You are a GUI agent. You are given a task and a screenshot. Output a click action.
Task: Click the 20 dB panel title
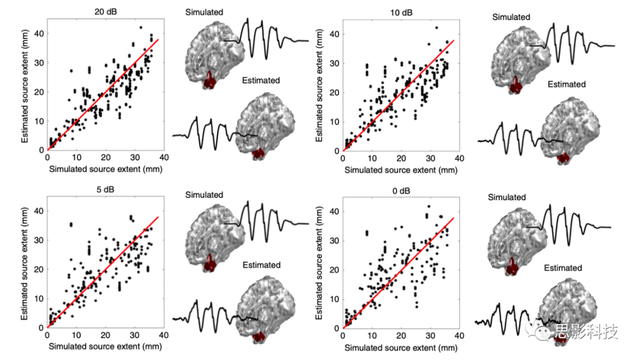(x=105, y=11)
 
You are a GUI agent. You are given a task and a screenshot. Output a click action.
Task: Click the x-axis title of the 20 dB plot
(x=105, y=169)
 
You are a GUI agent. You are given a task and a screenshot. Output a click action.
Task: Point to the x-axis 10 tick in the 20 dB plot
(x=76, y=158)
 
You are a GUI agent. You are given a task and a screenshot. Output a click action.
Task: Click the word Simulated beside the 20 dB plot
(x=204, y=12)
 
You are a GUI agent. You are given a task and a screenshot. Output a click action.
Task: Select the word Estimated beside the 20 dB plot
(x=261, y=80)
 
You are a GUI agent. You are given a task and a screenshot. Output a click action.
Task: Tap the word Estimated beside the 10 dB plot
(x=566, y=84)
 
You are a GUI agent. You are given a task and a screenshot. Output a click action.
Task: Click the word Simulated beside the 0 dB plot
(x=507, y=197)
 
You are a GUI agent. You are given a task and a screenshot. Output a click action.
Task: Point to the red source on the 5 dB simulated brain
(x=209, y=261)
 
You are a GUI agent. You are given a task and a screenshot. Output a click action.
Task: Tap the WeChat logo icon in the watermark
(x=542, y=331)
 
